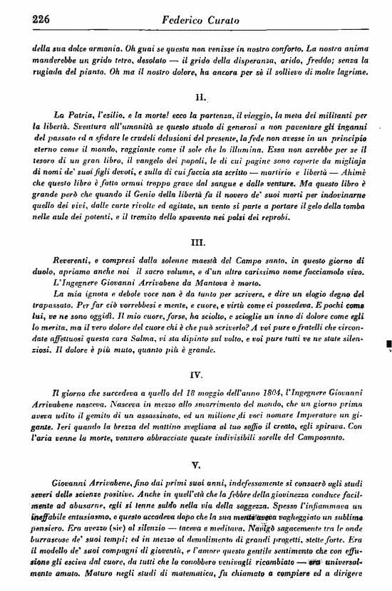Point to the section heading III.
point(200,243)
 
